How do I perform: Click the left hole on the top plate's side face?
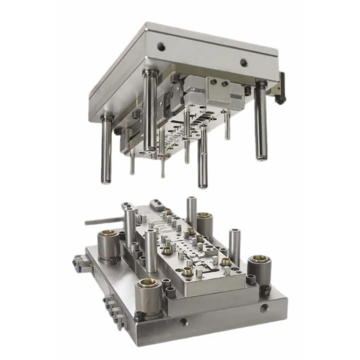click(x=162, y=47)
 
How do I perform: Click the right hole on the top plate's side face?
click(x=243, y=62)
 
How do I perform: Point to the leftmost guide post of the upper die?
click(x=106, y=149)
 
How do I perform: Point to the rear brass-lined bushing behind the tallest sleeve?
click(x=204, y=223)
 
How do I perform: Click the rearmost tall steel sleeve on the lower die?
click(x=192, y=211)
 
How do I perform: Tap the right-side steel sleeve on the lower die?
click(x=234, y=246)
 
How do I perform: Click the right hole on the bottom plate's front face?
click(x=263, y=308)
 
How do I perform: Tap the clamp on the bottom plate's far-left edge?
click(x=78, y=262)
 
